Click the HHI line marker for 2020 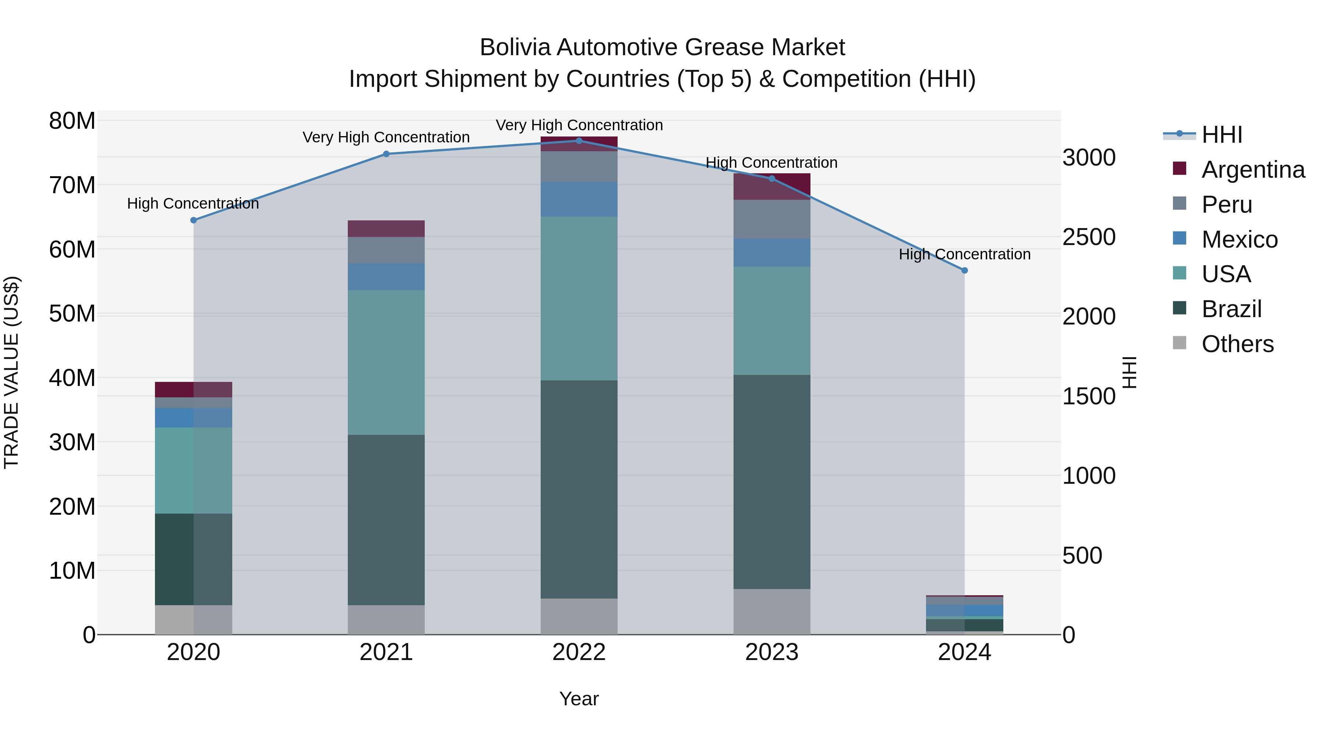[x=193, y=220]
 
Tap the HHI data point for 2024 [x=964, y=270]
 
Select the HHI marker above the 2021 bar [x=386, y=154]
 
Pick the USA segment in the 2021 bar [x=386, y=362]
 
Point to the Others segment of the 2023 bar [x=771, y=611]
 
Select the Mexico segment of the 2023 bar [x=771, y=252]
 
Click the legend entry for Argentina [x=1252, y=170]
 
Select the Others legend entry [x=1237, y=344]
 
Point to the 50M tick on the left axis [x=72, y=313]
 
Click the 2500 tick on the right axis [x=1089, y=237]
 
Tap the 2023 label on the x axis [x=771, y=652]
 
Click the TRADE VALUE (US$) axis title [x=11, y=372]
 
